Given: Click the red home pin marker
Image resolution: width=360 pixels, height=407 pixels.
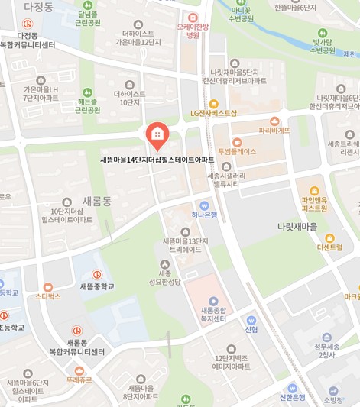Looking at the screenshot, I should click(x=157, y=136).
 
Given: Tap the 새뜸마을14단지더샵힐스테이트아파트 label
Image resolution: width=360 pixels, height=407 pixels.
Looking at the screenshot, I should click(x=157, y=160).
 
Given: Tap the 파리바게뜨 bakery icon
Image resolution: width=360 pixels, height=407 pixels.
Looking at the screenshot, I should click(x=274, y=121).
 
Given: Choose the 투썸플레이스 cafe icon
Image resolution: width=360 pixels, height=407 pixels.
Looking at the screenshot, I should click(x=236, y=141).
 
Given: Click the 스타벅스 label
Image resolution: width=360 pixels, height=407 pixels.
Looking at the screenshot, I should click(x=48, y=296).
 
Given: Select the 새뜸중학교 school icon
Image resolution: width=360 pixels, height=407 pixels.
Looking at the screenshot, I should click(x=97, y=275).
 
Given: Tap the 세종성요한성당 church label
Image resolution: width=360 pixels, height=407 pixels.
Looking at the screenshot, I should click(x=164, y=277).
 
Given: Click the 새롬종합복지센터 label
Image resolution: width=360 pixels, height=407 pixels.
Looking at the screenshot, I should click(x=213, y=313).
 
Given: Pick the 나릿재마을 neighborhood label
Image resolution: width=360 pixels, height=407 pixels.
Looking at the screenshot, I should click(x=297, y=227).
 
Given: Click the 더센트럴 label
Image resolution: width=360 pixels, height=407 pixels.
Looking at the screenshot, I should click(x=329, y=247).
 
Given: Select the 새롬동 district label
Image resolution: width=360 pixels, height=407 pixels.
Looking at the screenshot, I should click(x=97, y=201).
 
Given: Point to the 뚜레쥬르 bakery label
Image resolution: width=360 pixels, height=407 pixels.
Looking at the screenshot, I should click(x=79, y=379).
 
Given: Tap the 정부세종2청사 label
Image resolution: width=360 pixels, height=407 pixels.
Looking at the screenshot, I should click(x=326, y=350).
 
